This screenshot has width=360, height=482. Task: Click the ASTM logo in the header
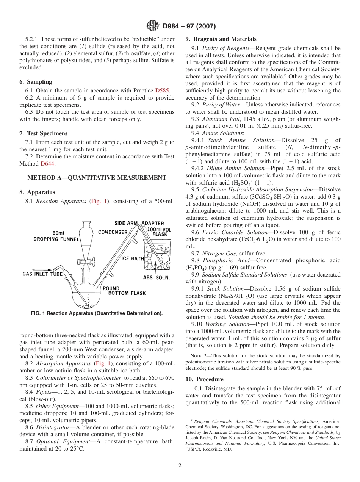coord(153,26)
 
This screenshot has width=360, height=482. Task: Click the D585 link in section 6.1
coord(163,91)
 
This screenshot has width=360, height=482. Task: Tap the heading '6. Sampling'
coord(36,82)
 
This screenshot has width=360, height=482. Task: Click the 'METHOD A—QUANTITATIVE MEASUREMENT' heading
coord(97,177)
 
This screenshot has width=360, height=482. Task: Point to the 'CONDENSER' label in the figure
coord(113,232)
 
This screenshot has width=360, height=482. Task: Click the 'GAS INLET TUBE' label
coord(42,274)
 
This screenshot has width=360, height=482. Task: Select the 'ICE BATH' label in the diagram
coord(133,258)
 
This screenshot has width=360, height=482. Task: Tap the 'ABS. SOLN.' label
coord(156,277)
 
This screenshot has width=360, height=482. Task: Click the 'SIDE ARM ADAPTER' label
coord(139,223)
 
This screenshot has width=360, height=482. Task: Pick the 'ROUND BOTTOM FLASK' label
coord(124,291)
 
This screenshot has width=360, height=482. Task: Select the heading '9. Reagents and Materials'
coord(221,39)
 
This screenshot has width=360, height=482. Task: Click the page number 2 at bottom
coord(180,466)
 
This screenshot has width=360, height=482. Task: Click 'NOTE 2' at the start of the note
coord(199,356)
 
